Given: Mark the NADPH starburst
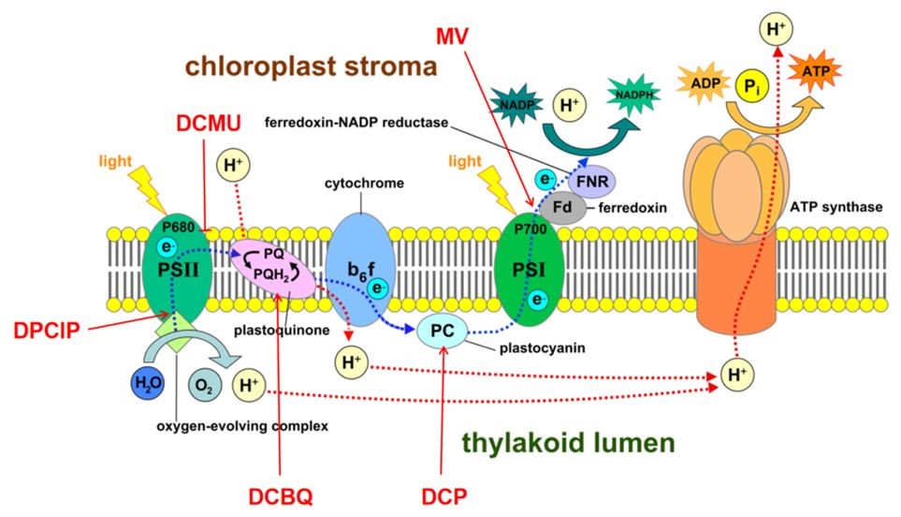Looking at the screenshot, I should (x=633, y=96).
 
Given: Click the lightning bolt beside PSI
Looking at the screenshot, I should (x=496, y=188).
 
